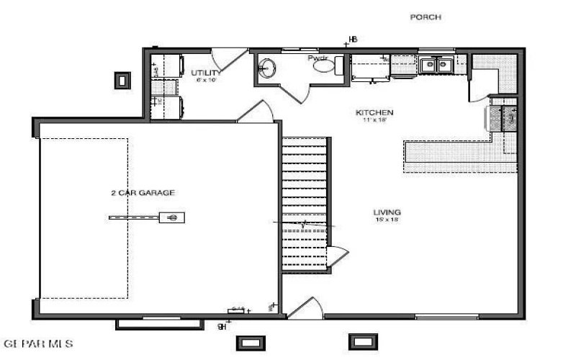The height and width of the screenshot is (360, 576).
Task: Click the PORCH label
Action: tap(425, 17)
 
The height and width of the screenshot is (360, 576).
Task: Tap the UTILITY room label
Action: tap(206, 73)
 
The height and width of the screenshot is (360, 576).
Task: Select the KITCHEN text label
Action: tap(374, 113)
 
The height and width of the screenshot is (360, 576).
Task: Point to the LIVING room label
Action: tap(387, 212)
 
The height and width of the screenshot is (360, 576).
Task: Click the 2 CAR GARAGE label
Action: tap(143, 192)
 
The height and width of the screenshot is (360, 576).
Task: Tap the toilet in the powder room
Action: tap(325, 66)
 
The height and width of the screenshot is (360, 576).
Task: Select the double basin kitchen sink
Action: tap(436, 65)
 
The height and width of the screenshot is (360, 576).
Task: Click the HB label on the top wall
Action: tap(353, 39)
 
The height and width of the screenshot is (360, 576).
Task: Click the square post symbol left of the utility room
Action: tap(123, 79)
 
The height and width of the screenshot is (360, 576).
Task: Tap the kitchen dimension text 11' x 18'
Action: tap(374, 121)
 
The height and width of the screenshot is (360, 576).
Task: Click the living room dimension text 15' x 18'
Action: tap(387, 220)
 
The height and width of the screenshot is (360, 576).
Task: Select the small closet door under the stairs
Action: tap(337, 256)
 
